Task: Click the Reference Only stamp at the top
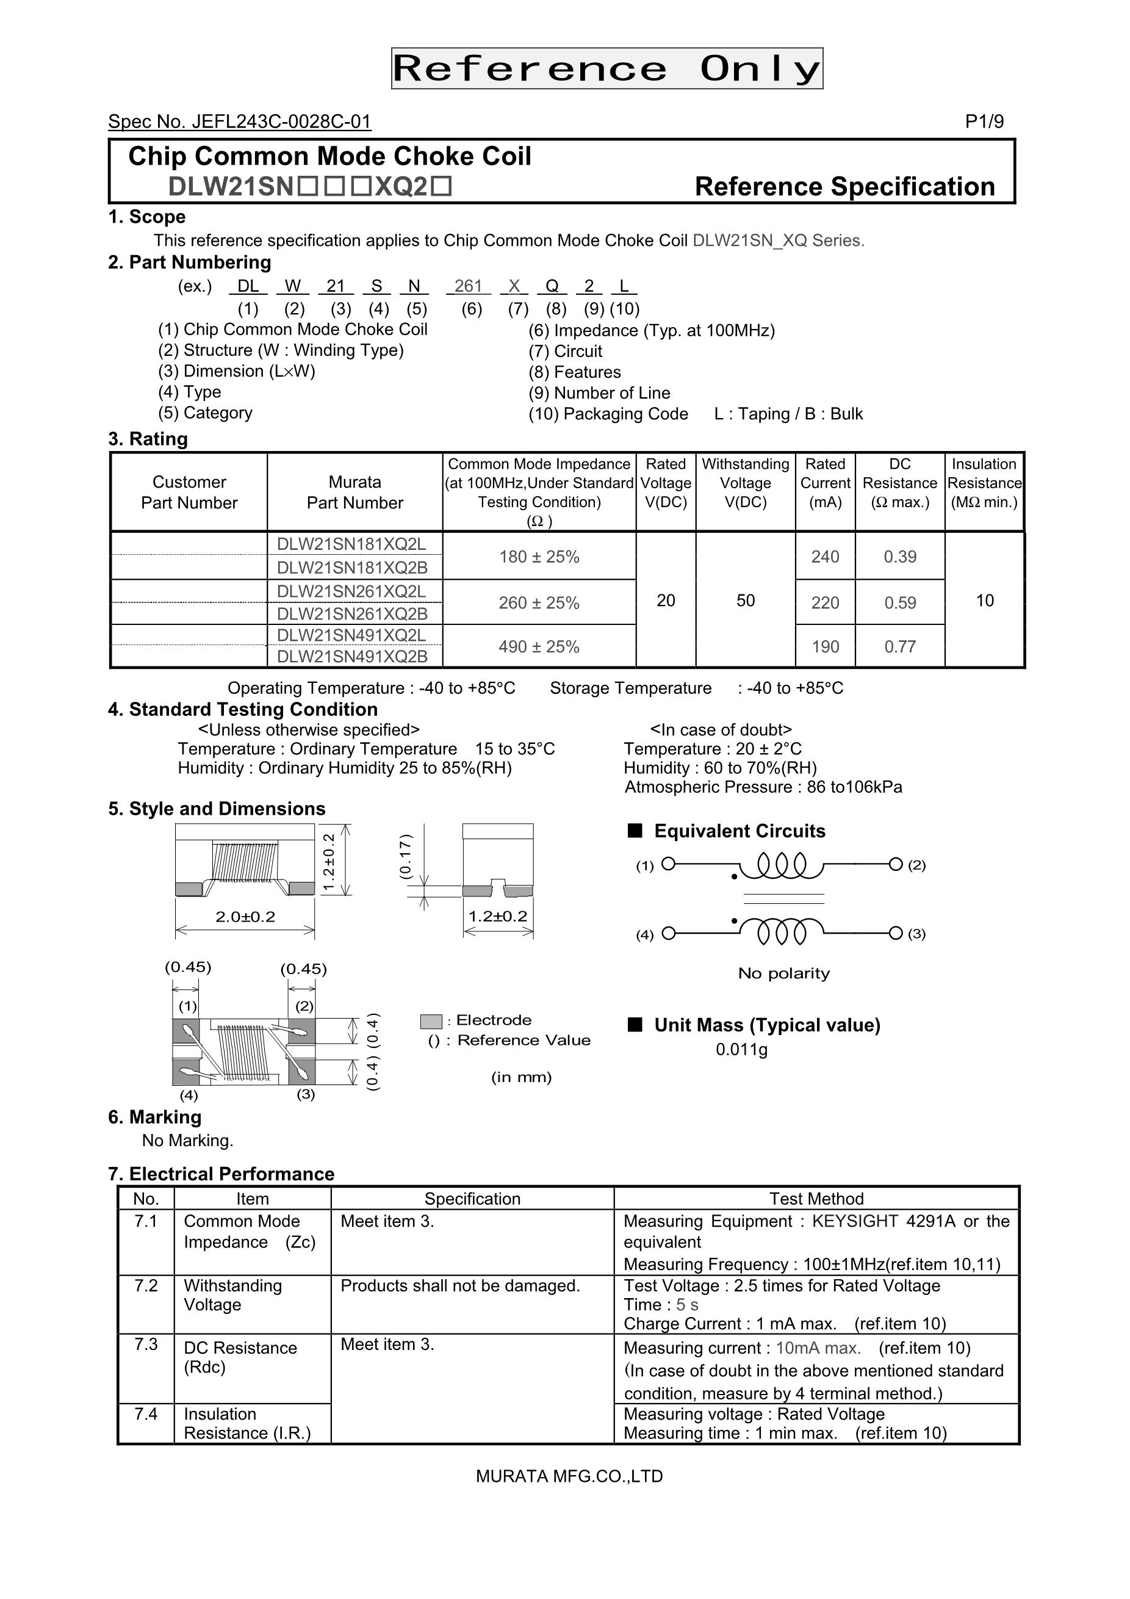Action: tap(606, 68)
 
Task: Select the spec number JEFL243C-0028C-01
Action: tap(240, 122)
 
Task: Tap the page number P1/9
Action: tap(984, 122)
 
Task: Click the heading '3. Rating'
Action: tap(148, 439)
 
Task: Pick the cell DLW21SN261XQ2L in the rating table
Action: tap(351, 591)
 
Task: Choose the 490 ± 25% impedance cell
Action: tap(539, 647)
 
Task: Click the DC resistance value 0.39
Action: tap(899, 557)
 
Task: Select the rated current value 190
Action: tap(825, 647)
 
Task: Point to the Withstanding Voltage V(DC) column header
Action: tap(745, 483)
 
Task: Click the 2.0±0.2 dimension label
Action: tap(245, 917)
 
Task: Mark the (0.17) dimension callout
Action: tap(405, 857)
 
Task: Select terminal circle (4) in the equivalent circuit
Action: tap(668, 933)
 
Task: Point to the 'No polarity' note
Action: tap(783, 973)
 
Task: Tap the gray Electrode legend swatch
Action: tap(431, 1022)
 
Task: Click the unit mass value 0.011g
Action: tap(741, 1050)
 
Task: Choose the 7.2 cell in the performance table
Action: tap(146, 1285)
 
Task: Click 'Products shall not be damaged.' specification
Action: tap(460, 1285)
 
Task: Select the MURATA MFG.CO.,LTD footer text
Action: tap(569, 1476)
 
